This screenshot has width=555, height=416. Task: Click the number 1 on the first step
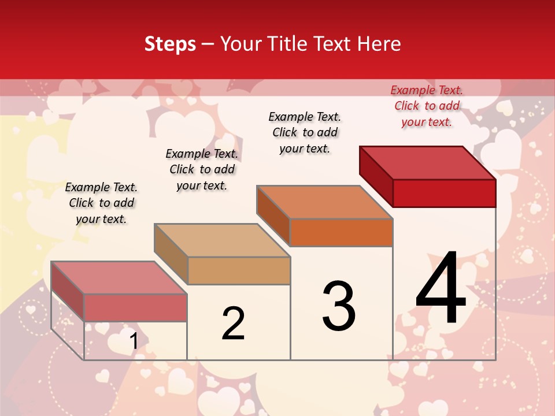tap(134, 341)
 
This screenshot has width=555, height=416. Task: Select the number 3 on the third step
tap(339, 306)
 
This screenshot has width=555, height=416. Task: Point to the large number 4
tap(441, 288)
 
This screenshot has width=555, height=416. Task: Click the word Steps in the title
tap(170, 44)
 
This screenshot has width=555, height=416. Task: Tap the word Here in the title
tap(379, 44)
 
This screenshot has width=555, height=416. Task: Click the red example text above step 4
tap(427, 106)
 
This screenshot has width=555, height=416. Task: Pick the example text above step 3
tap(305, 132)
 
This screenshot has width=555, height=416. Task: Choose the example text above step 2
tap(202, 169)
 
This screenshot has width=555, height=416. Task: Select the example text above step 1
tap(101, 203)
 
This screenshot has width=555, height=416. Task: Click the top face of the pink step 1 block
tap(119, 277)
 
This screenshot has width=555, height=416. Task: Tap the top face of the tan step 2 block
tap(222, 240)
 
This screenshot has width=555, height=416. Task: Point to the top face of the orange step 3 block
tap(325, 202)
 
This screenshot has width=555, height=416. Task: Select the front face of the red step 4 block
tap(444, 193)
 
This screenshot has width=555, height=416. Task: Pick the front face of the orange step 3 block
tap(341, 232)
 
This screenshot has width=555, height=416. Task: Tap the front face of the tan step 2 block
tap(238, 270)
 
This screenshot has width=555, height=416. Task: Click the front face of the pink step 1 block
tap(135, 307)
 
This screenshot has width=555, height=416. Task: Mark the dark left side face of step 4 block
tap(376, 176)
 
